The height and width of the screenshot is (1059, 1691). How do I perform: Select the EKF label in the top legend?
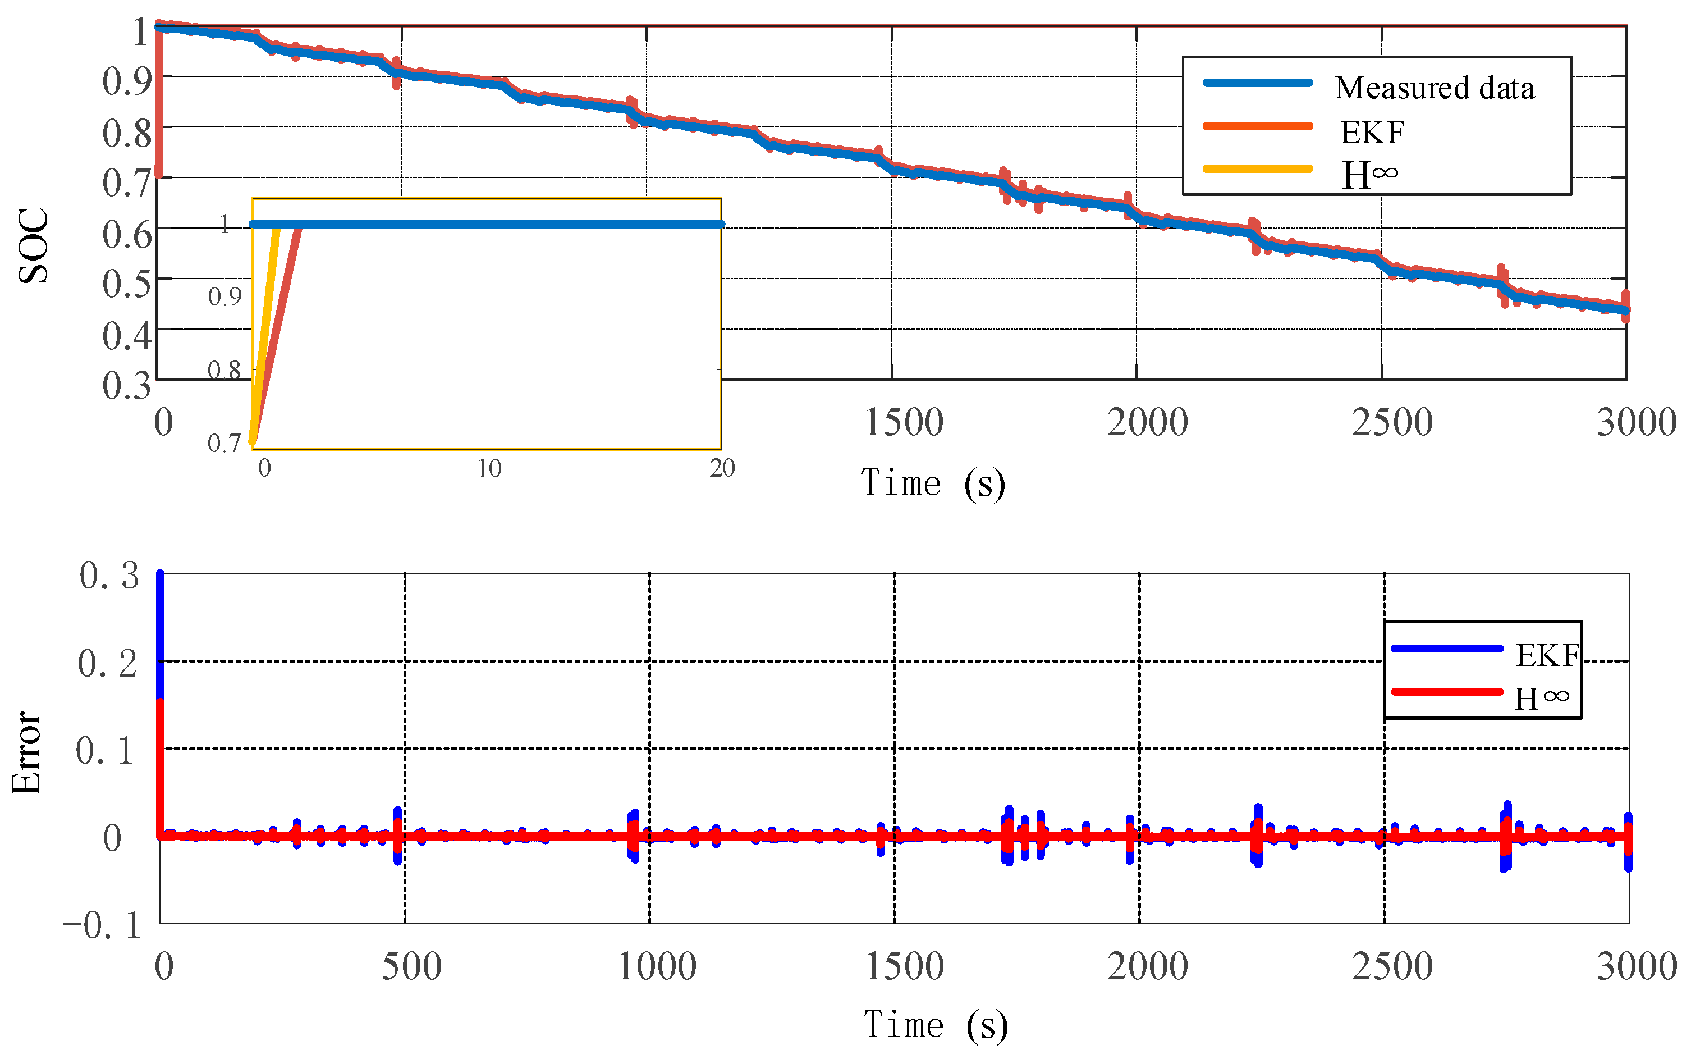[1371, 133]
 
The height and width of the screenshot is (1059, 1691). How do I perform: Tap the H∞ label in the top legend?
[1368, 175]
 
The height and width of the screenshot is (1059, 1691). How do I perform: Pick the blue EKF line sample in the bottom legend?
[1446, 649]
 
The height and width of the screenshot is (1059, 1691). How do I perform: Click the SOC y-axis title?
[33, 246]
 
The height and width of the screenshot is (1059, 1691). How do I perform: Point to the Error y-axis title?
[26, 753]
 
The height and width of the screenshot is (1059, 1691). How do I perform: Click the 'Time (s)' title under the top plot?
[932, 483]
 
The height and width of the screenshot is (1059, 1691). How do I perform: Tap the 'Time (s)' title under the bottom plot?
[935, 1025]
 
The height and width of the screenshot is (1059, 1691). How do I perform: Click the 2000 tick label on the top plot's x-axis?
[1147, 422]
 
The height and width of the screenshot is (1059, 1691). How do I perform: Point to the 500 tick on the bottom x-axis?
[411, 966]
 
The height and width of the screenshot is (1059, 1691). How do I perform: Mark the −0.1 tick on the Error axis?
[102, 925]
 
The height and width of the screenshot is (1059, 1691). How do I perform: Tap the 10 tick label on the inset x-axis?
[488, 468]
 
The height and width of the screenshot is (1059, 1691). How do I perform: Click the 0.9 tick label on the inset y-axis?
[224, 297]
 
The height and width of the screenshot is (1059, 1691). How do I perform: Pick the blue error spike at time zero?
[159, 631]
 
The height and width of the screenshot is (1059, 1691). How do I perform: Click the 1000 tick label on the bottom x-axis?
[657, 966]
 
